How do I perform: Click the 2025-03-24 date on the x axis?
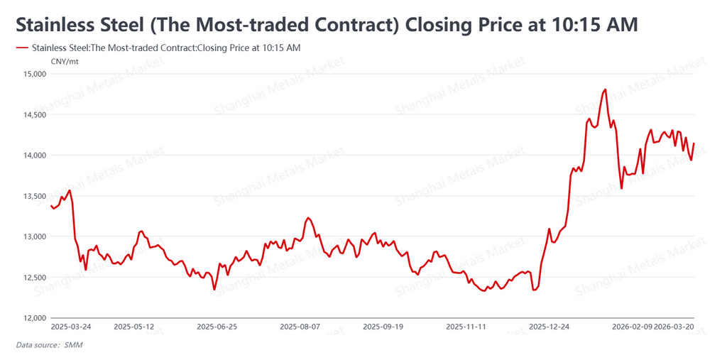[71, 327]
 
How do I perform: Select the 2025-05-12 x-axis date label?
[134, 327]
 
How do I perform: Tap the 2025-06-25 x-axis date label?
[217, 327]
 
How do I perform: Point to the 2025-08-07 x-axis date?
[300, 327]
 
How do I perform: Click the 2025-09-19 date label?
[383, 327]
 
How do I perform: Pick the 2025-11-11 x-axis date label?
[466, 327]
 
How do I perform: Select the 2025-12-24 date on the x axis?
[550, 327]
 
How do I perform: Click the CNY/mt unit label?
[65, 62]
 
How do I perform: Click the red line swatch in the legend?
[21, 48]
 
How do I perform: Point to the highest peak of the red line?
[605, 89]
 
